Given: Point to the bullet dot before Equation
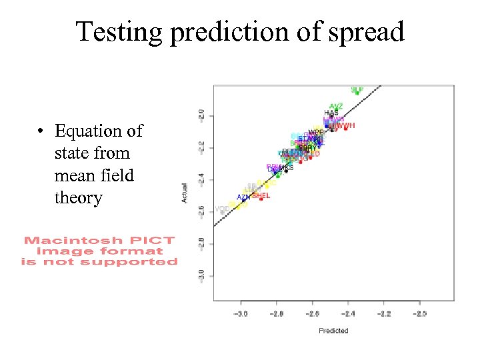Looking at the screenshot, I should point(41,131).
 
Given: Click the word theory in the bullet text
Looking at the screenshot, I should point(78,198).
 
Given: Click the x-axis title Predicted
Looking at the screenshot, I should point(333,331).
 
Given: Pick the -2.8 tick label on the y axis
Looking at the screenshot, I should point(201,244).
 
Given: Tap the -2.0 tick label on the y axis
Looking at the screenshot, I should point(201,115).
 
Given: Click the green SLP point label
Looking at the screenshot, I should point(357,89).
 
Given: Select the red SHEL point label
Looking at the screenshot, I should point(261,195).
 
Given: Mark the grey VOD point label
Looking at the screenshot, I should point(222,209).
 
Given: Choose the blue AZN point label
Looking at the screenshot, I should point(244,197).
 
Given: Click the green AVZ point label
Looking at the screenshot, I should point(336,106).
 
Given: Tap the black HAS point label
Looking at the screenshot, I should point(331,113).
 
